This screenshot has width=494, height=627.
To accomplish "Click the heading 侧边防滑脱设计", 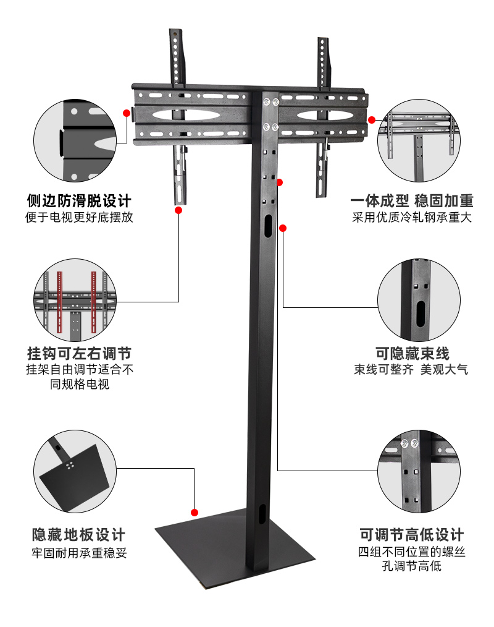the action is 78,201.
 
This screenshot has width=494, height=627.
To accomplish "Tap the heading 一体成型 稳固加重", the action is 412,201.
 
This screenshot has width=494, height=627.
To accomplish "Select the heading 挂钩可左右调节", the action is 78,354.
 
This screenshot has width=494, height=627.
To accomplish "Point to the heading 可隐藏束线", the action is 412,354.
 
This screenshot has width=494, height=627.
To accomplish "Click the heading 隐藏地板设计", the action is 78,535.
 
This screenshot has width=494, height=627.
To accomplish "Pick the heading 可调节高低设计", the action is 412,535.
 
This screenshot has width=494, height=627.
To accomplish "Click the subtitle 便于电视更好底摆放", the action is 78,218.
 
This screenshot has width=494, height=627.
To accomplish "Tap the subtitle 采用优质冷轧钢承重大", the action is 412,218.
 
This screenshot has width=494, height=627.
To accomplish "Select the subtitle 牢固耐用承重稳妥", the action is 78,552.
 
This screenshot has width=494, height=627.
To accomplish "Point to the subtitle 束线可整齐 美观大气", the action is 412,370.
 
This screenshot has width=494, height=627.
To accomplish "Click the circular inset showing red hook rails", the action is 75,301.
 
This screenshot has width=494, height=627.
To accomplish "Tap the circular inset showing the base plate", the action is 75,475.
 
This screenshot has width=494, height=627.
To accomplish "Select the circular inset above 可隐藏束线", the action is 419,301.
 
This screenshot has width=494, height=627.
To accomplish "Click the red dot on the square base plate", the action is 194,513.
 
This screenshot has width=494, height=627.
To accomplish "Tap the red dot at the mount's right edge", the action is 372,119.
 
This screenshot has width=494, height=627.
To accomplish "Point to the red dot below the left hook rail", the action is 178,210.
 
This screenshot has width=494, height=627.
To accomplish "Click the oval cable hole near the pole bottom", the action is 262,514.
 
